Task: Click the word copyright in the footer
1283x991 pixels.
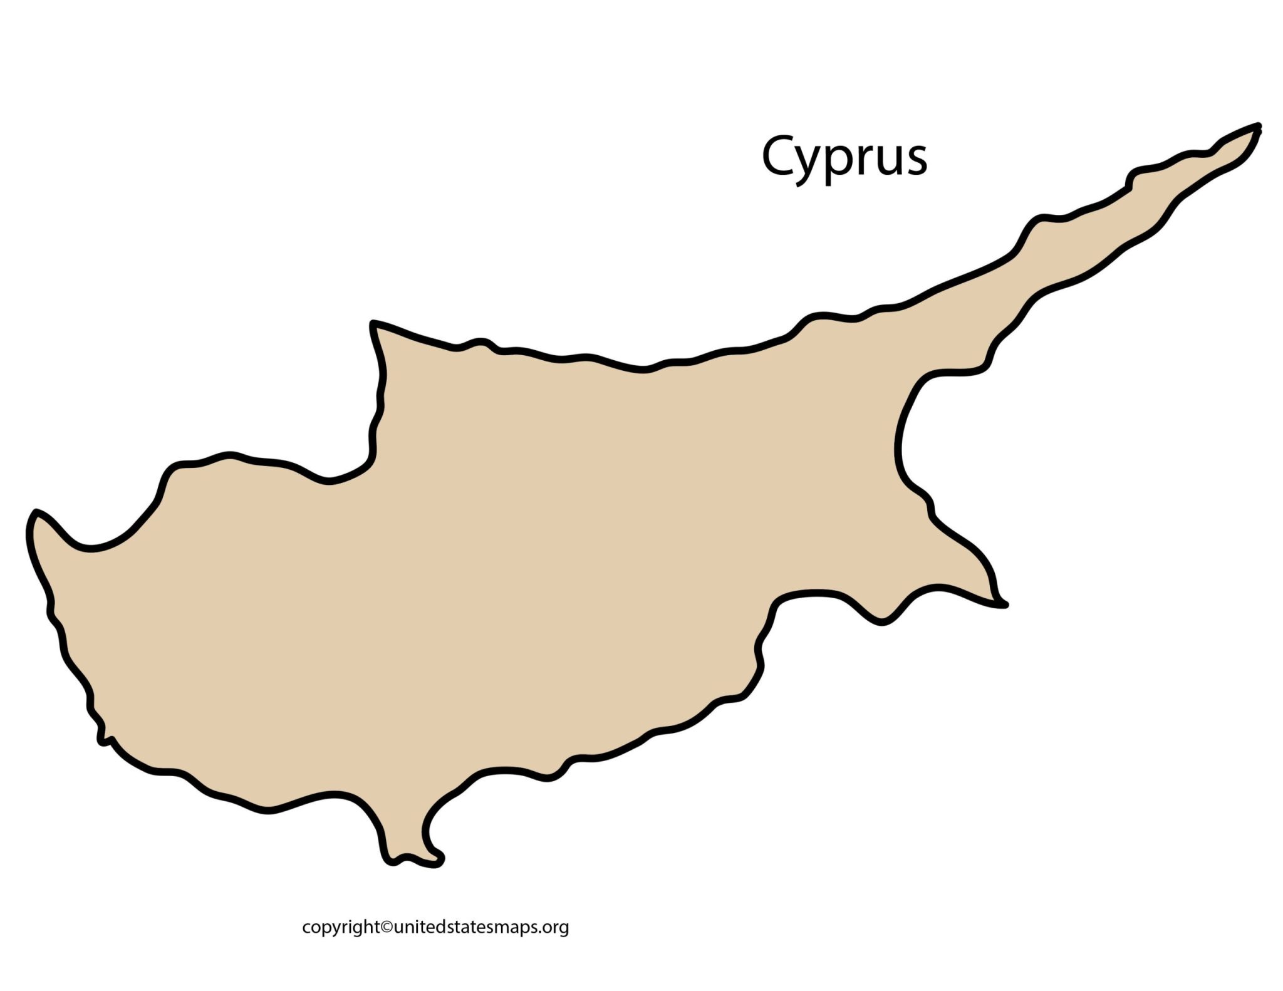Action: [341, 927]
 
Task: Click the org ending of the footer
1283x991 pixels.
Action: [558, 928]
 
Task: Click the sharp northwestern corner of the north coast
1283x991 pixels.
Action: [373, 324]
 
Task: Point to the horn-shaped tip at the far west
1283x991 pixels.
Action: [35, 514]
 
